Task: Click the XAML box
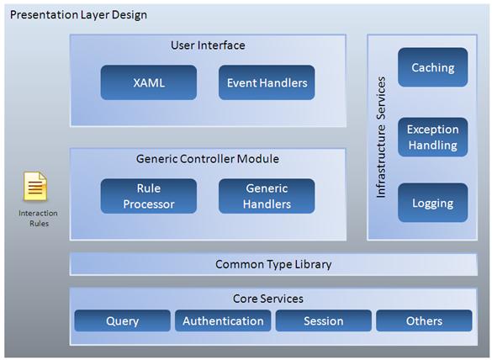click(149, 82)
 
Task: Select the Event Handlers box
click(267, 82)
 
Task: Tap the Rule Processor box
click(149, 196)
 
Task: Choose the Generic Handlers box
click(267, 196)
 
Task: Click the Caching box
click(432, 67)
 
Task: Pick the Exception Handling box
click(432, 137)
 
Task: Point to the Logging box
click(432, 203)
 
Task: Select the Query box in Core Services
click(123, 320)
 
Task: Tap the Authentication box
click(223, 320)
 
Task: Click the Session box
click(324, 320)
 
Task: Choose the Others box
click(424, 320)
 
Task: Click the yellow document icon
click(35, 186)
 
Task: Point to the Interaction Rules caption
click(39, 219)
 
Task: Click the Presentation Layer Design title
click(78, 15)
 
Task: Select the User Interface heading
click(208, 45)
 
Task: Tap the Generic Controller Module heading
click(208, 159)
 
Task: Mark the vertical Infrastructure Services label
click(381, 137)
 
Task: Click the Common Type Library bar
click(273, 264)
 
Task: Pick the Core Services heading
click(268, 299)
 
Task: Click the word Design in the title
click(130, 15)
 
